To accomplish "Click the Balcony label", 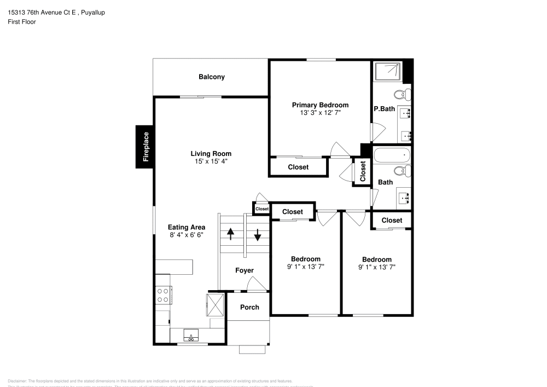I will click(x=211, y=77).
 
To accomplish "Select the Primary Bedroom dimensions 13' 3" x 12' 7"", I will click(x=320, y=113).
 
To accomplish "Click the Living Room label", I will click(x=211, y=154).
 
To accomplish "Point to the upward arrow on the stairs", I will click(x=231, y=234).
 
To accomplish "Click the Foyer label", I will click(x=245, y=270).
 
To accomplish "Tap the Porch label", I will click(x=249, y=307).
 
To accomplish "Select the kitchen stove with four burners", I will click(x=163, y=296).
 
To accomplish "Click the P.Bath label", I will click(x=384, y=109).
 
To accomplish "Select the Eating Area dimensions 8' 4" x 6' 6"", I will click(x=187, y=235).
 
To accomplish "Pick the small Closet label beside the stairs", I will click(x=262, y=209).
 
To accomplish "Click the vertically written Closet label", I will click(x=363, y=171).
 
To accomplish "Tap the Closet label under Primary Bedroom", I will click(x=298, y=167).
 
